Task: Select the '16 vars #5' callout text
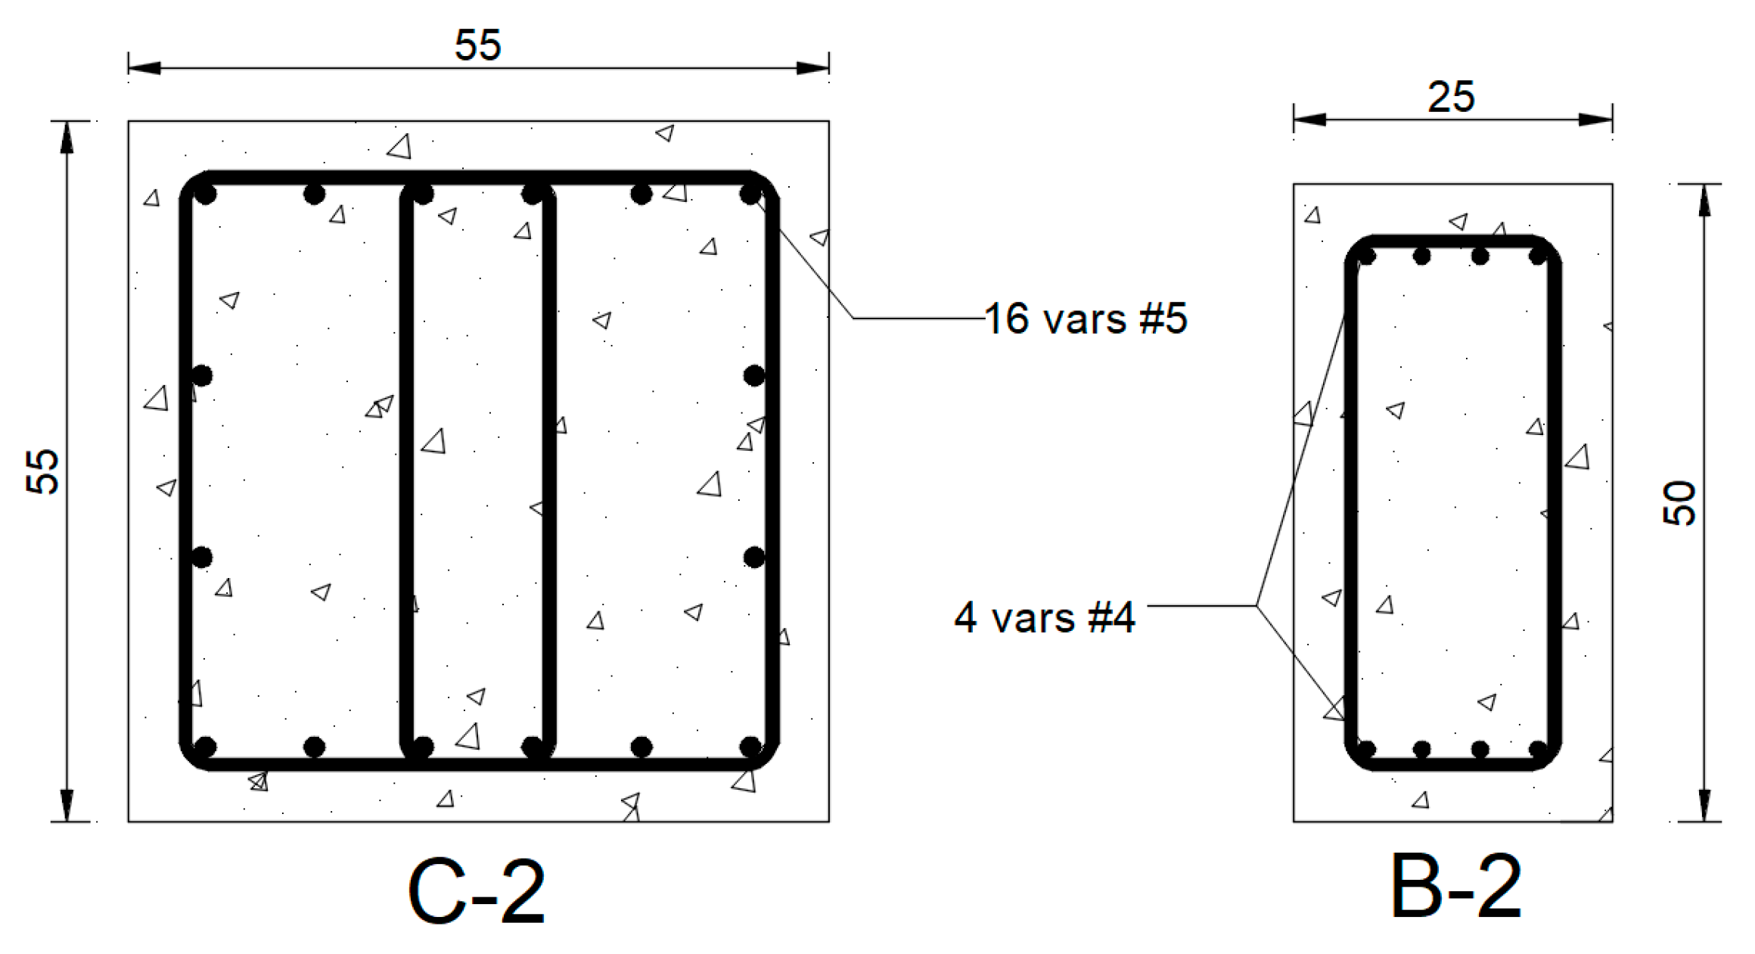(x=1086, y=319)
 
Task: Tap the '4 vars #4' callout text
(x=1044, y=617)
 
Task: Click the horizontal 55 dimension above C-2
(x=477, y=45)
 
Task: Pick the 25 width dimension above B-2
(x=1451, y=98)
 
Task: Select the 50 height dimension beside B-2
(x=1679, y=502)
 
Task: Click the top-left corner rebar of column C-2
(x=205, y=194)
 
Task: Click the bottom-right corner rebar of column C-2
(x=750, y=747)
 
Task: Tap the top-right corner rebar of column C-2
(x=750, y=194)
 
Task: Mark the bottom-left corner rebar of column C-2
(x=205, y=747)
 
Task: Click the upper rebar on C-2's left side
(x=202, y=375)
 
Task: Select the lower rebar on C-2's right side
(x=754, y=558)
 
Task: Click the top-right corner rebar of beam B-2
(x=1538, y=256)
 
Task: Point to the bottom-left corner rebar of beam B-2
(x=1366, y=749)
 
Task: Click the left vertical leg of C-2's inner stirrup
(x=407, y=469)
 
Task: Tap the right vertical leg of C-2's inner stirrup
(x=549, y=469)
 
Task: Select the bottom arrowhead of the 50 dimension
(x=1704, y=805)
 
